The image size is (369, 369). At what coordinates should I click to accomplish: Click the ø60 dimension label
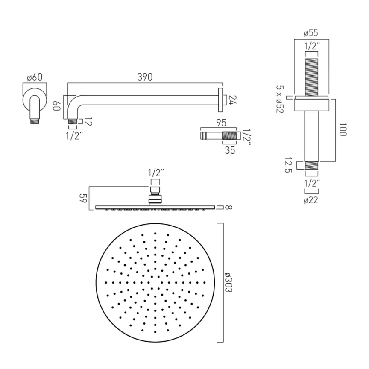[x=34, y=77]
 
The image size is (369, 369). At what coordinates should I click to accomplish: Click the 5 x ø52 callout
[x=280, y=99]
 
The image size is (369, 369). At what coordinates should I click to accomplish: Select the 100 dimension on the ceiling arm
[x=341, y=130]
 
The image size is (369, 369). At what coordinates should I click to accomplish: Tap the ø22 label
[x=310, y=200]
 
